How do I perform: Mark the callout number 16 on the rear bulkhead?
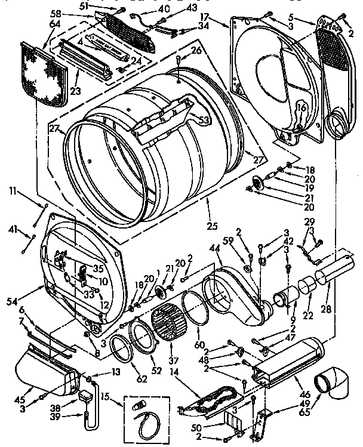click(x=300, y=107)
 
